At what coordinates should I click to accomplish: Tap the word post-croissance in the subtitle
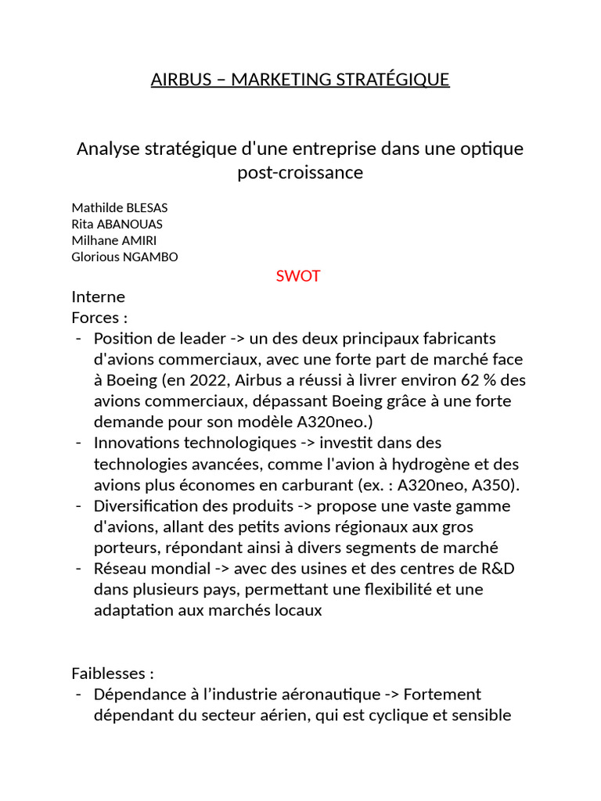(x=300, y=172)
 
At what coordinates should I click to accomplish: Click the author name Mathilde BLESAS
(x=120, y=207)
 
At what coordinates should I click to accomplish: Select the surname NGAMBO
(x=151, y=257)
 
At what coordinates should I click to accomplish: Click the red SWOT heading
(x=298, y=276)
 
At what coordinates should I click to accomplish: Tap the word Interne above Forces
(x=98, y=297)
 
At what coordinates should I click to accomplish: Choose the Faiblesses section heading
(x=113, y=673)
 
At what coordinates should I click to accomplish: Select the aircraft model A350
(x=498, y=485)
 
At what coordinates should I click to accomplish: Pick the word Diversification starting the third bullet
(x=144, y=506)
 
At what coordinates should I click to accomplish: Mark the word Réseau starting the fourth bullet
(x=119, y=568)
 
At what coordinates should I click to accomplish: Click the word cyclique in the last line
(x=405, y=715)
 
